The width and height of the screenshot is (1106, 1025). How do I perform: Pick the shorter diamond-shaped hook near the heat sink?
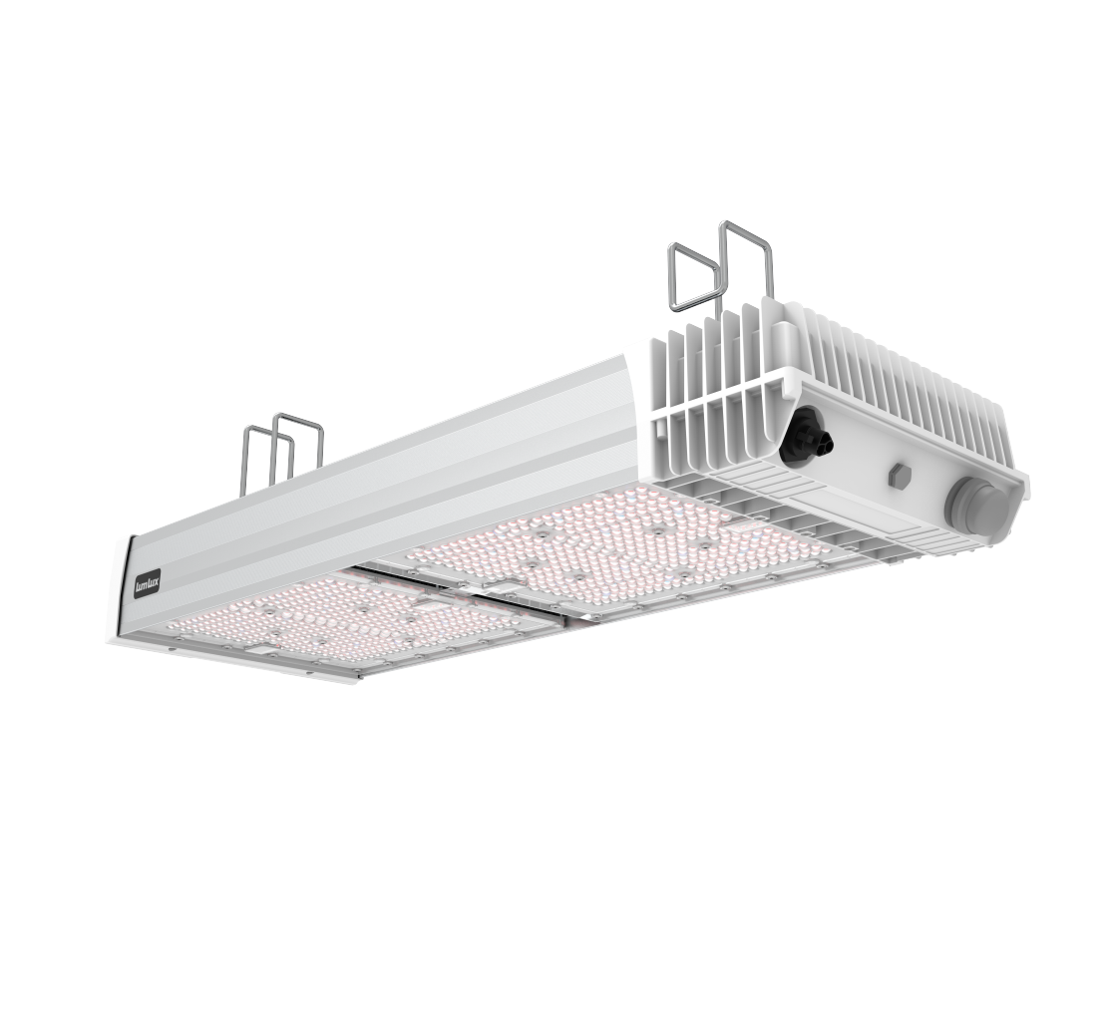pos(692,274)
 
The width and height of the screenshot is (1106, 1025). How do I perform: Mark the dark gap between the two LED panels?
pos(469,593)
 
